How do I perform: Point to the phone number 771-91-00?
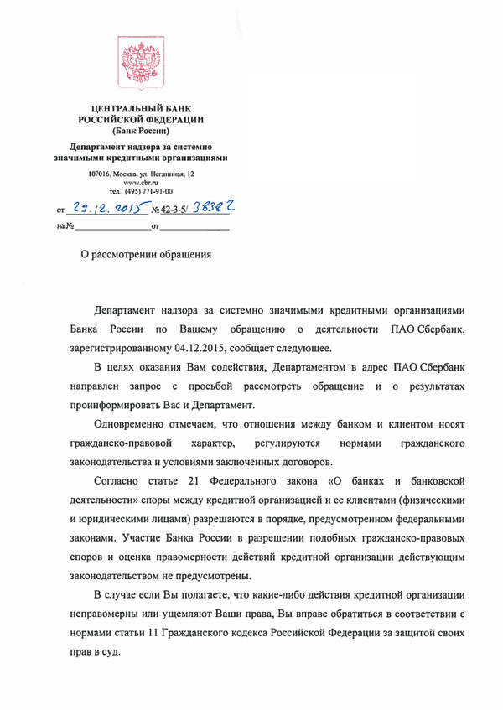click(158, 192)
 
